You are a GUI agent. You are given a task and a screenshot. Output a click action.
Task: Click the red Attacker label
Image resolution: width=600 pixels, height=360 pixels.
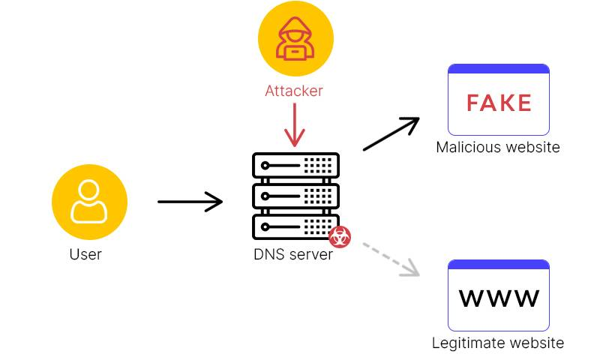294,91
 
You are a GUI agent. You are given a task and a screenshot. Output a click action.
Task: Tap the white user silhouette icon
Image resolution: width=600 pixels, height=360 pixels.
89,202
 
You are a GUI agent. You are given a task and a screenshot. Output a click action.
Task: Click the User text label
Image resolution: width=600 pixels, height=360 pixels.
85,254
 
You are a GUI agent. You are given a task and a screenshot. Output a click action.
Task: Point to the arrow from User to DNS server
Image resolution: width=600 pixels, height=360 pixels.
190,202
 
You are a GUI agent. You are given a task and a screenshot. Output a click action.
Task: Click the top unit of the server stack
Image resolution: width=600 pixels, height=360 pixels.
295,165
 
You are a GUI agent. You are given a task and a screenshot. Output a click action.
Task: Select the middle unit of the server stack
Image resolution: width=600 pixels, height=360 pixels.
295,196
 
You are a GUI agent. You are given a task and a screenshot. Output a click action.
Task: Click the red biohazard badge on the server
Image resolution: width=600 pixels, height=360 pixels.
340,237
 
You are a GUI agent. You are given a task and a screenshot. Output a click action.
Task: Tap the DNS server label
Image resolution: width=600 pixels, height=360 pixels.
292,254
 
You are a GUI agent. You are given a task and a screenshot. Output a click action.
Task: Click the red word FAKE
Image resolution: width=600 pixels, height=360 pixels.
499,103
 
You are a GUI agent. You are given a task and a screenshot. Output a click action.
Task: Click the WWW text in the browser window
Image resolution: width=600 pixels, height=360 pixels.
499,298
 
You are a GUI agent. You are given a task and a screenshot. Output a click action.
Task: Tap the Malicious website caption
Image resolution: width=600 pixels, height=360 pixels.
498,147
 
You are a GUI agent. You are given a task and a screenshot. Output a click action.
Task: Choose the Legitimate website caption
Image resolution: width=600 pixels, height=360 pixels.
498,343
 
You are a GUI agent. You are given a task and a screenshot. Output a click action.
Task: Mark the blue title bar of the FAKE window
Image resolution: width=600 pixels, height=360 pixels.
499,68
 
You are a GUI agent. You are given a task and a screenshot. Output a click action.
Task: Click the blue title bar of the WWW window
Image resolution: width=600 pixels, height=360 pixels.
499,264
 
